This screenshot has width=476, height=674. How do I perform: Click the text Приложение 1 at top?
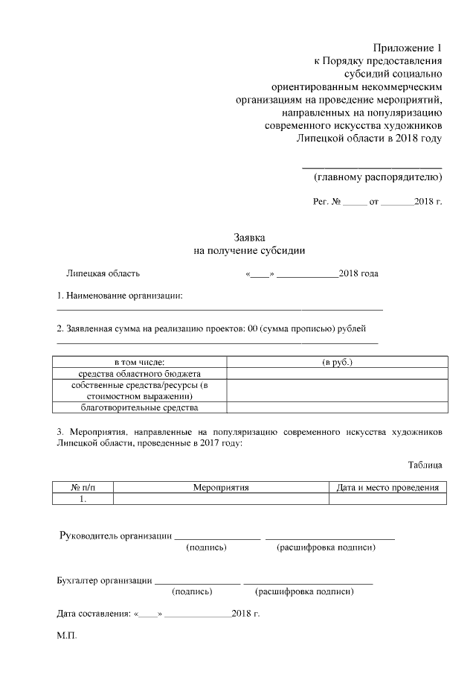[x=408, y=48]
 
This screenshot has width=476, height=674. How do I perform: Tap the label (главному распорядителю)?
[x=378, y=177]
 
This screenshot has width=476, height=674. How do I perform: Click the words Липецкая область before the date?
[x=103, y=273]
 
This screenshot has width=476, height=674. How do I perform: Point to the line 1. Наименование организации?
[x=120, y=296]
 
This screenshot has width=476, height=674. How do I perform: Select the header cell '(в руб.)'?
[x=337, y=362]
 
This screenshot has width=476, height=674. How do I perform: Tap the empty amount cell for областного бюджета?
[x=337, y=373]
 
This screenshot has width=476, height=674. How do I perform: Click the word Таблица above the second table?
[x=425, y=465]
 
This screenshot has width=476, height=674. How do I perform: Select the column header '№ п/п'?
[x=83, y=488]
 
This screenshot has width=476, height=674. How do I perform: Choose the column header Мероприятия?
[x=221, y=488]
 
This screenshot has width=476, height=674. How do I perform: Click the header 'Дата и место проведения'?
[x=387, y=488]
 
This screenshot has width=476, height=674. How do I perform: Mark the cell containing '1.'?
[x=83, y=500]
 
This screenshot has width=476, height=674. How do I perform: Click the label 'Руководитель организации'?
[x=115, y=536]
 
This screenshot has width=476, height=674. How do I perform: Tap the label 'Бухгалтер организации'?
[x=105, y=580]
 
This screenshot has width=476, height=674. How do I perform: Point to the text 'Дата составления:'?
[x=93, y=614]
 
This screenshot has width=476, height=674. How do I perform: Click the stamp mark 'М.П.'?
[x=66, y=638]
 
